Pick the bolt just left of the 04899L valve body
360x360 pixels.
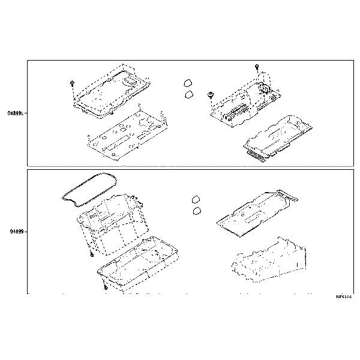(x=211, y=94)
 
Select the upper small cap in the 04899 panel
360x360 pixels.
(x=195, y=199)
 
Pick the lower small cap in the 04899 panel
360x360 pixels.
(x=196, y=211)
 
